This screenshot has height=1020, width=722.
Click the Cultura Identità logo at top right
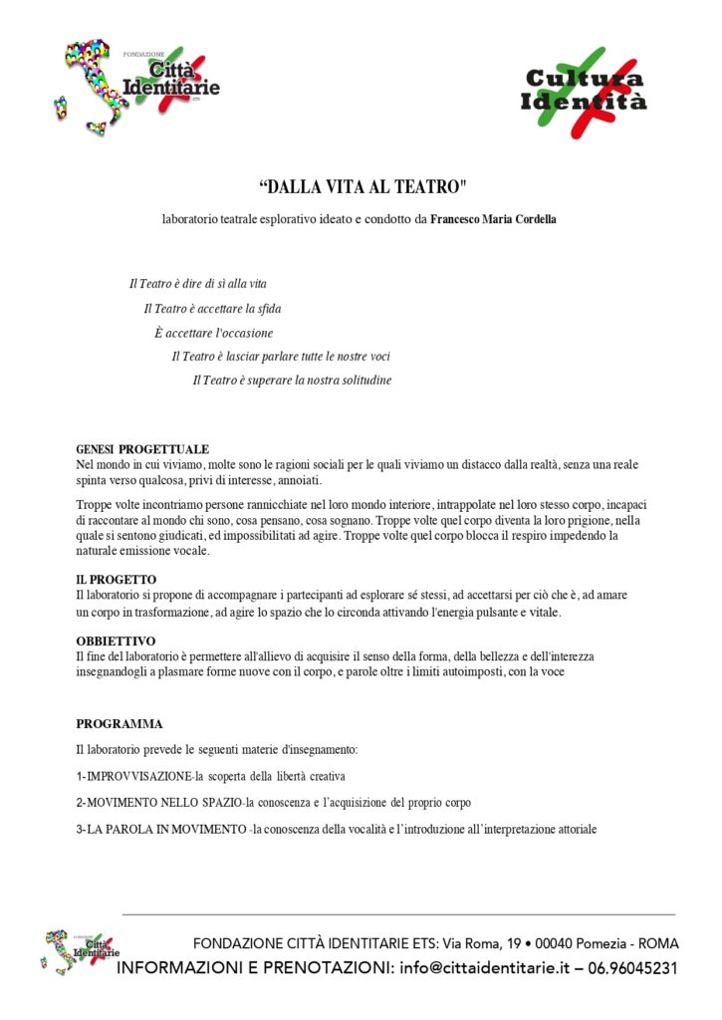[x=585, y=92]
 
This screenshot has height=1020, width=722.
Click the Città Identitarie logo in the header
[x=139, y=84]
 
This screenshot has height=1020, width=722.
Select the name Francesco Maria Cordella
[x=493, y=219]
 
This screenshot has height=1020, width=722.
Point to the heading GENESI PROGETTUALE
[x=142, y=449]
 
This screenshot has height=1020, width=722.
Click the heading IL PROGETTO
[x=117, y=580]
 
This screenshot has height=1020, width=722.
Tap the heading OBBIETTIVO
[x=116, y=641]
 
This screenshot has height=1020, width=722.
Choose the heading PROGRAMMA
[x=120, y=724]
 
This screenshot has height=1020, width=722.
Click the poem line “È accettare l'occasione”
[x=213, y=333]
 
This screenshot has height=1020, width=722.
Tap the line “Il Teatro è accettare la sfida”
[x=212, y=309]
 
